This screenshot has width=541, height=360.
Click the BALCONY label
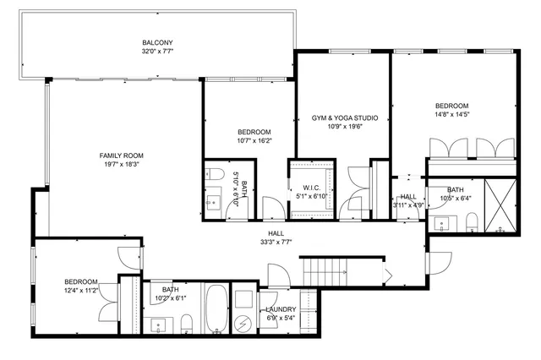(x=157, y=42)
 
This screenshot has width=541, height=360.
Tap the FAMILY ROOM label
(x=122, y=155)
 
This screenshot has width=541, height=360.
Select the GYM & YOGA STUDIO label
(x=344, y=117)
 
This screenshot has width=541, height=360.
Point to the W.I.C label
(x=309, y=187)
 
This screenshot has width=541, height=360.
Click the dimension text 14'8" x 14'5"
(x=452, y=114)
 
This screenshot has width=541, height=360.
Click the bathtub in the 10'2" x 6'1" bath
(x=216, y=310)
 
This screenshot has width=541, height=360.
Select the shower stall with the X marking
(x=500, y=206)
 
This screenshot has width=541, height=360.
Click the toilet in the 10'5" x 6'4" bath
(x=473, y=223)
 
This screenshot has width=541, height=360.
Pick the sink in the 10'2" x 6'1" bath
(x=158, y=325)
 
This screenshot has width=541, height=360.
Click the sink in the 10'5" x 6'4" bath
(x=441, y=225)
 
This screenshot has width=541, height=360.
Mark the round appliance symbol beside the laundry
(x=244, y=323)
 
